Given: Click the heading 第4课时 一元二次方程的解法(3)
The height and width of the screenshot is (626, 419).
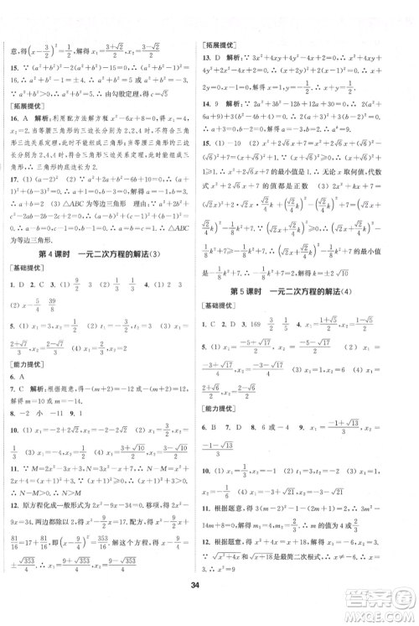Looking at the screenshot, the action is (x=105, y=254).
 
